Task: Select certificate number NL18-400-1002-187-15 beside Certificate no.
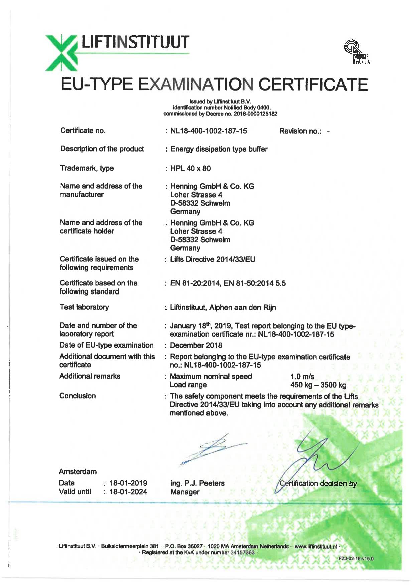point(209,131)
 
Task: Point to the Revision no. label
point(300,131)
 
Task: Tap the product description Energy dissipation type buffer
point(219,149)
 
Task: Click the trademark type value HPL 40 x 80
point(190,168)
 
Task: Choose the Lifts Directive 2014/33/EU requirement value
point(213,259)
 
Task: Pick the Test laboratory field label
point(84,307)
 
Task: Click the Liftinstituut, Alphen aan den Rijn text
point(223,307)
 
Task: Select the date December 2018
point(196,345)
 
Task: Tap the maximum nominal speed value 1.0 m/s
point(302,377)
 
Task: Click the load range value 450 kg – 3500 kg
point(318,385)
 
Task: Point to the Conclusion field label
point(78,396)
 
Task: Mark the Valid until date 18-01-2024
point(128,492)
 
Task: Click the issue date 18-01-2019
point(128,483)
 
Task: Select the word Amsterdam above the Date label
point(78,472)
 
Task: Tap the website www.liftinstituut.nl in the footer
point(316,546)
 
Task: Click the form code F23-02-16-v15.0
point(356,558)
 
